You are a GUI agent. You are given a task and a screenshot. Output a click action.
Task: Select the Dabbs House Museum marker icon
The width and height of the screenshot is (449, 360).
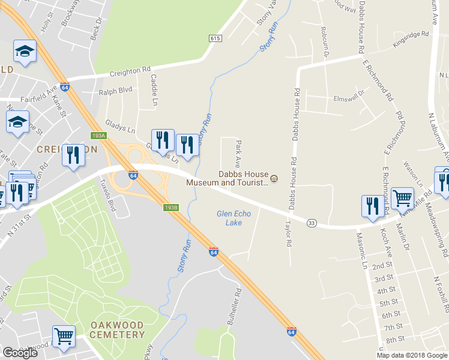tap(274, 178)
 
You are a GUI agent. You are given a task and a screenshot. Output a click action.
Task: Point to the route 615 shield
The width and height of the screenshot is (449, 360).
tap(216, 38)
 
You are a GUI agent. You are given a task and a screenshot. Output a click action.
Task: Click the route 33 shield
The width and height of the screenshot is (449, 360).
tap(311, 223)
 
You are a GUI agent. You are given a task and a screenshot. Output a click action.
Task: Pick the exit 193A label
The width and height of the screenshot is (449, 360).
tap(98, 136)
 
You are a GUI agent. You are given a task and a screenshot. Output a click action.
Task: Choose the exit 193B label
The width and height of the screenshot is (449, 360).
tap(171, 207)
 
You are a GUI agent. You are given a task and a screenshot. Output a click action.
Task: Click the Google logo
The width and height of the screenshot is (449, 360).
tap(20, 353)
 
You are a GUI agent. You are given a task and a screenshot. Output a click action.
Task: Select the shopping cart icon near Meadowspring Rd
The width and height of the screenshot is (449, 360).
tap(402, 197)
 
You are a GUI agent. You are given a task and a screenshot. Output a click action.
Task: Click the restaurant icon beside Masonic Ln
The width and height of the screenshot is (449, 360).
tap(372, 205)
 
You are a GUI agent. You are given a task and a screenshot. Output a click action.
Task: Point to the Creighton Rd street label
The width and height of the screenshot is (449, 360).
tap(129, 73)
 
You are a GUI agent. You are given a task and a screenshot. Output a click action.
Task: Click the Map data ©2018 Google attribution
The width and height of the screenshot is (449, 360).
tap(411, 355)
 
